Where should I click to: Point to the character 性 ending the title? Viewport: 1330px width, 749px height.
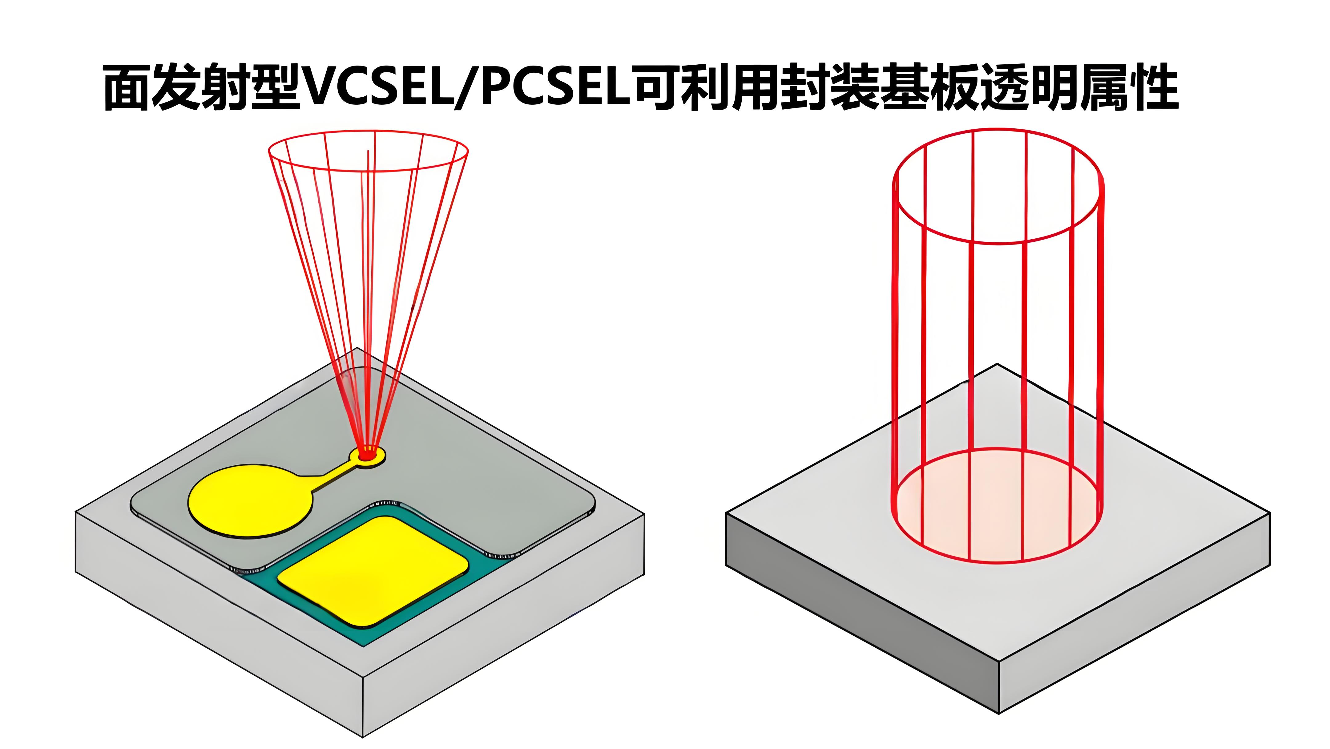1154,88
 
